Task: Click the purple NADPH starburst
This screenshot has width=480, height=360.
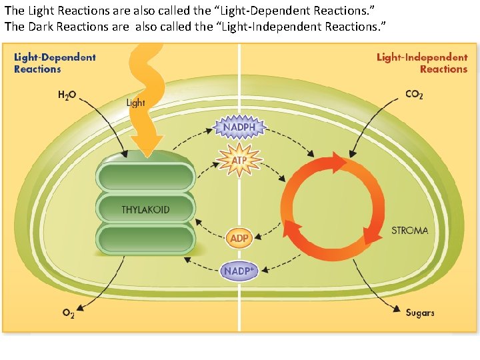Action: click(x=239, y=126)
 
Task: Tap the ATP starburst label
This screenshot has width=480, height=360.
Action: click(x=239, y=160)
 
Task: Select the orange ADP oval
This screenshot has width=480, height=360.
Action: click(x=239, y=238)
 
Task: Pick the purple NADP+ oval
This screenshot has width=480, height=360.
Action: click(x=239, y=271)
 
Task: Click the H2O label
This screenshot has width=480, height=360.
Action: click(x=67, y=95)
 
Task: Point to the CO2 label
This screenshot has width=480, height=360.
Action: click(x=414, y=95)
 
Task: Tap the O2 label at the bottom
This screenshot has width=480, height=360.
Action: click(x=68, y=313)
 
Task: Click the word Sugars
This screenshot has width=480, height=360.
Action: click(x=420, y=312)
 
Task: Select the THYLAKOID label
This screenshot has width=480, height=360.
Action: click(x=145, y=210)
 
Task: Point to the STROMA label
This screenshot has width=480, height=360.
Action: click(x=409, y=231)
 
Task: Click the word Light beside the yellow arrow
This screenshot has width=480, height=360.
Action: click(x=136, y=103)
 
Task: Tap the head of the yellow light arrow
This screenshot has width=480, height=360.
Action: click(x=147, y=143)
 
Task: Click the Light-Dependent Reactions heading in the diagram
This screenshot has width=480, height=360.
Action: click(x=55, y=63)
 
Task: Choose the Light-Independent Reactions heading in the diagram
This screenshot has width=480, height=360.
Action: click(x=422, y=63)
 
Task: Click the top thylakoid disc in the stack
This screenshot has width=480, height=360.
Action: click(x=145, y=175)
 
